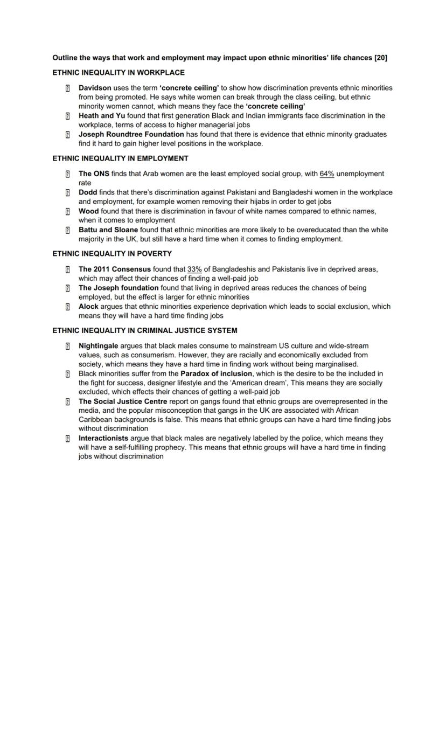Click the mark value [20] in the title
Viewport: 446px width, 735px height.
pyautogui.click(x=380, y=58)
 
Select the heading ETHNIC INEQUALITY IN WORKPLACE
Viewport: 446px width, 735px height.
pyautogui.click(x=119, y=73)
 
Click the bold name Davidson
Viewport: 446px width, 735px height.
pyautogui.click(x=95, y=88)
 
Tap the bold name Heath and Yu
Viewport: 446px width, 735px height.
pyautogui.click(x=102, y=116)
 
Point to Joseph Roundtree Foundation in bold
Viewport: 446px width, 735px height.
pyautogui.click(x=131, y=134)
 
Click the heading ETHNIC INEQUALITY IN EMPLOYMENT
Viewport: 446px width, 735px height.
pyautogui.click(x=120, y=158)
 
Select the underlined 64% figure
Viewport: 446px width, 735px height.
pyautogui.click(x=326, y=174)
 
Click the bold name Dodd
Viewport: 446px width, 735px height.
pyautogui.click(x=88, y=192)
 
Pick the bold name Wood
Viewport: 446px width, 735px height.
pyautogui.click(x=88, y=211)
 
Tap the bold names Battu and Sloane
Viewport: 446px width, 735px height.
pyautogui.click(x=108, y=230)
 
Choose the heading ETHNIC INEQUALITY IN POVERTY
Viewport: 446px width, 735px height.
pyautogui.click(x=112, y=254)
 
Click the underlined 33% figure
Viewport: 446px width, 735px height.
pyautogui.click(x=194, y=269)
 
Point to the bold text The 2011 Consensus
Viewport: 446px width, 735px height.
pyautogui.click(x=115, y=269)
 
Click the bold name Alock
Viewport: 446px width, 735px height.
pyautogui.click(x=88, y=306)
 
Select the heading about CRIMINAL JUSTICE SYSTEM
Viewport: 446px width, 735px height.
pyautogui.click(x=144, y=331)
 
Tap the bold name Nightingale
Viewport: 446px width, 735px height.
pyautogui.click(x=98, y=346)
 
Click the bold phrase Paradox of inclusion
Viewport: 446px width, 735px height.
pyautogui.click(x=216, y=373)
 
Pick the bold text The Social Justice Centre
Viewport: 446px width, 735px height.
pyautogui.click(x=123, y=401)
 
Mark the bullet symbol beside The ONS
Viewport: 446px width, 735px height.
pyautogui.click(x=68, y=174)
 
